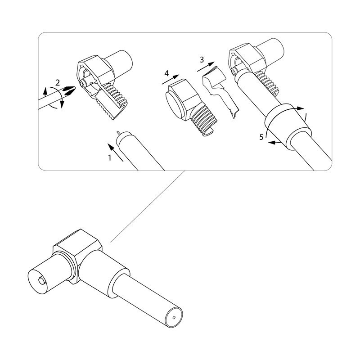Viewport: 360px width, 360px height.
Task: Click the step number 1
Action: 110,158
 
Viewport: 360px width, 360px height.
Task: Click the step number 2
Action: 58,82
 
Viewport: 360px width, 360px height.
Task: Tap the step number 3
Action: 202,60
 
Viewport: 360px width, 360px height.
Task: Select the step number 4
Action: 166,73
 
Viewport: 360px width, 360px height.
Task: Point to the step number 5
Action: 261,137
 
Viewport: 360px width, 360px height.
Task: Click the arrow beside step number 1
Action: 116,153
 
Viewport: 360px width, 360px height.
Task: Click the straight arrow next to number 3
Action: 206,66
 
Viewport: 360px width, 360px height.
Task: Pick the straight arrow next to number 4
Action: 171,79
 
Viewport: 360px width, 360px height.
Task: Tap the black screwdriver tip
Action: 69,90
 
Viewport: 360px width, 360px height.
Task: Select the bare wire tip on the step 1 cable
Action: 118,133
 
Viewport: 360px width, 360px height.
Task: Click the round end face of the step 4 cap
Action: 175,105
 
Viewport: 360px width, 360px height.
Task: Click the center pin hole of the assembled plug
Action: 42,280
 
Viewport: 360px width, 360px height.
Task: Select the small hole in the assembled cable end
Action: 174,318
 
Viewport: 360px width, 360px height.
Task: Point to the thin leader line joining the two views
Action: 148,206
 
